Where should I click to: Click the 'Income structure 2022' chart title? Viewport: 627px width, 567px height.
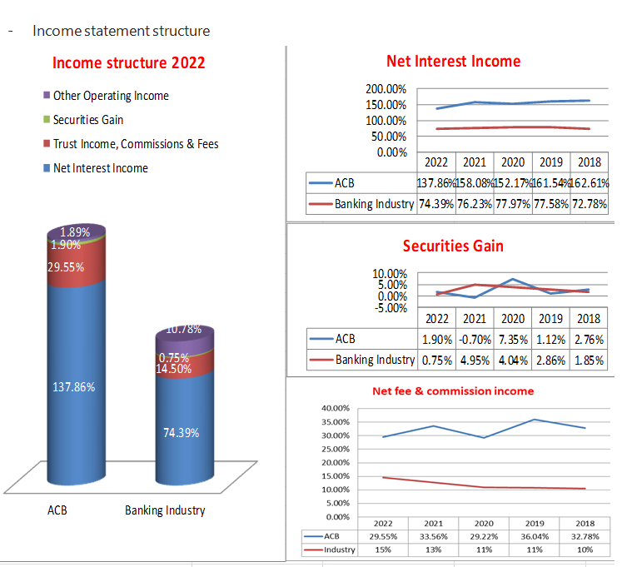[x=128, y=63]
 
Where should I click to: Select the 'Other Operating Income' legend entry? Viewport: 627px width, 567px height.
[x=110, y=96]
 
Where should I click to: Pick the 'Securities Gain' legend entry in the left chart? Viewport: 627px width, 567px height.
[x=87, y=120]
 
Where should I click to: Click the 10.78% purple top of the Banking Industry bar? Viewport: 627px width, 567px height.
[x=184, y=330]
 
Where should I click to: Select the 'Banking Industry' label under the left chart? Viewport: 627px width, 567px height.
[x=165, y=510]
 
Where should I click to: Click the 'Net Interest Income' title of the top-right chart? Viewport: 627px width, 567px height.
[x=453, y=61]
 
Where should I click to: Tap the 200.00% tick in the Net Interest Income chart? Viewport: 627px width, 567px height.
[x=386, y=89]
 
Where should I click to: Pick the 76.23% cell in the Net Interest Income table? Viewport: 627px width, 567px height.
[x=475, y=204]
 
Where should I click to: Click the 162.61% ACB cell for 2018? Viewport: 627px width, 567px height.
[x=589, y=183]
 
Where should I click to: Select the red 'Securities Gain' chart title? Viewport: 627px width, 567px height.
[x=453, y=246]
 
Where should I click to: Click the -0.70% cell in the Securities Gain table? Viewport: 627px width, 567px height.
[x=475, y=340]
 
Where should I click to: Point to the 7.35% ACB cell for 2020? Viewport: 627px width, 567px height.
[x=513, y=340]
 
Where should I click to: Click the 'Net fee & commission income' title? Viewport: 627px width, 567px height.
[x=453, y=390]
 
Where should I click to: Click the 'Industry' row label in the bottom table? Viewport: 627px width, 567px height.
[x=338, y=550]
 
